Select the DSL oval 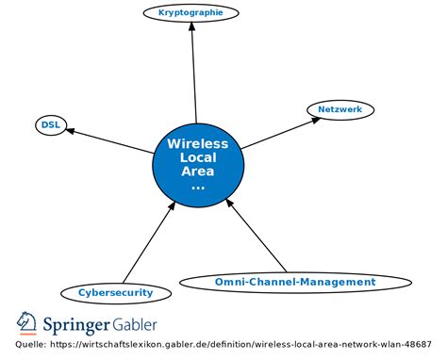click(49, 124)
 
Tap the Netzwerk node click(340, 110)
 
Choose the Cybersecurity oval click(115, 292)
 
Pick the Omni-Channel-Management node click(281, 282)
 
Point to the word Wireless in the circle click(197, 144)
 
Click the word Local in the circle click(197, 157)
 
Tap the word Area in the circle click(197, 172)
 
